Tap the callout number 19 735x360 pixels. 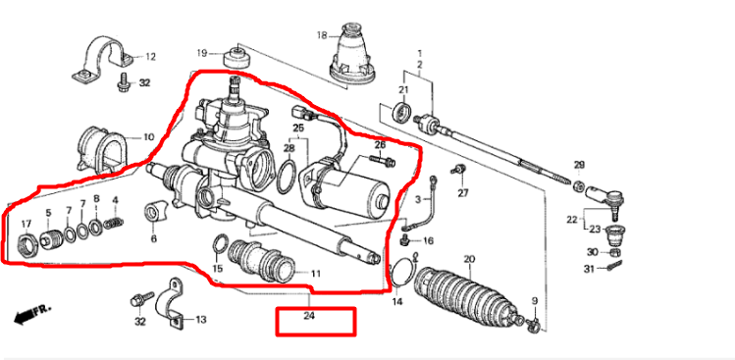point(202,52)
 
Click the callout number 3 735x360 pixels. point(417,199)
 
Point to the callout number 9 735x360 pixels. point(535,300)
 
